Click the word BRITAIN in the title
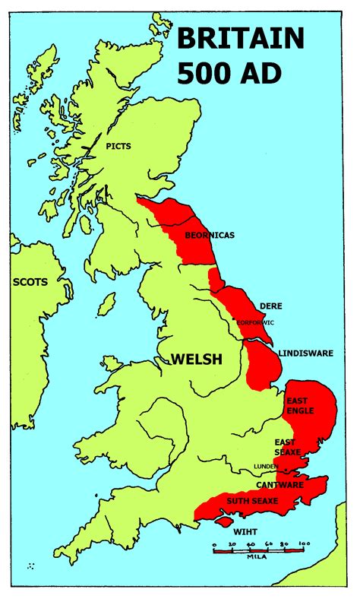pos(242,39)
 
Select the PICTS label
pos(118,145)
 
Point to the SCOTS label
pos(30,282)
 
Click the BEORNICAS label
pos(210,235)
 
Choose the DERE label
pos(271,306)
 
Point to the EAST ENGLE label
pos(299,405)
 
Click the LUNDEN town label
pos(266,466)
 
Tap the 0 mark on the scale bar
pos(214,543)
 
